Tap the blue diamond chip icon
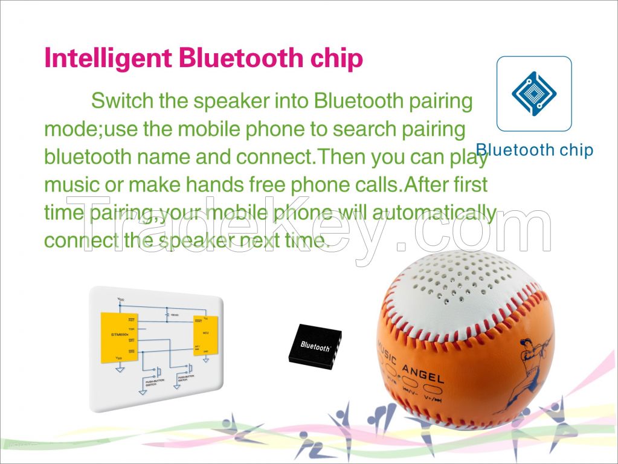point(533,93)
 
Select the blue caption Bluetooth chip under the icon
point(534,150)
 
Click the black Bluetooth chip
point(315,346)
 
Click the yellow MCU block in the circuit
point(205,334)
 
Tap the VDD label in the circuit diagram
point(121,300)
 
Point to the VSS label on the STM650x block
point(118,358)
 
